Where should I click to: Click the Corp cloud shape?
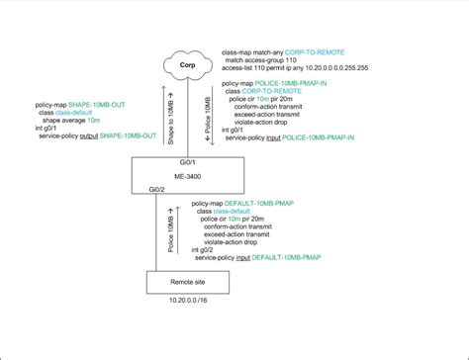(185, 66)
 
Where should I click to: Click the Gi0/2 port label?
(157, 187)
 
